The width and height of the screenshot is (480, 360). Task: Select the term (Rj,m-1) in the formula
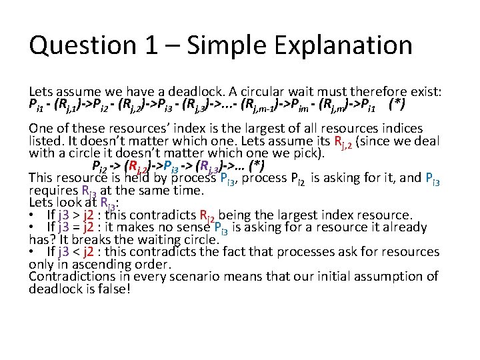(268, 105)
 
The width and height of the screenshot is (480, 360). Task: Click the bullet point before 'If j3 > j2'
(32, 215)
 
